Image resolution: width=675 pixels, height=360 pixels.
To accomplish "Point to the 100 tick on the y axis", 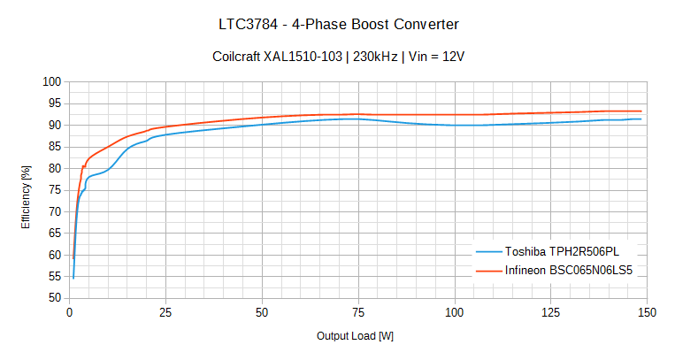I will pyautogui.click(x=51, y=81).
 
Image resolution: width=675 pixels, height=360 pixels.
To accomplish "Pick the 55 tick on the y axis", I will pyautogui.click(x=55, y=277).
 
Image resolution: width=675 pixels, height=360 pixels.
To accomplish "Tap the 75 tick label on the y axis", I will pyautogui.click(x=55, y=190).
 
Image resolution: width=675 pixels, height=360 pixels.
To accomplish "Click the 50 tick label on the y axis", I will pyautogui.click(x=55, y=298).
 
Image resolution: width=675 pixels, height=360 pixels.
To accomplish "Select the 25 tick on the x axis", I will pyautogui.click(x=165, y=312).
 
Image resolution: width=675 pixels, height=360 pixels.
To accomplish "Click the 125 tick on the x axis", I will pyautogui.click(x=550, y=312).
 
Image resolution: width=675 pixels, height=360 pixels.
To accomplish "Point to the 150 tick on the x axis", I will pyautogui.click(x=647, y=312).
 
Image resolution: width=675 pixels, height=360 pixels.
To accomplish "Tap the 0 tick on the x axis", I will pyautogui.click(x=70, y=312).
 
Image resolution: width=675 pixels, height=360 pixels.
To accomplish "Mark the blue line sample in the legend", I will pyautogui.click(x=488, y=251).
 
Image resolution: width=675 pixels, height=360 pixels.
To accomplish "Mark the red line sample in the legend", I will pyautogui.click(x=488, y=271).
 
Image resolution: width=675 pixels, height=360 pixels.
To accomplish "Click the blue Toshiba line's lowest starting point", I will pyautogui.click(x=73, y=278).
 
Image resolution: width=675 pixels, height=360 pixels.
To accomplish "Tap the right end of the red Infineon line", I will pyautogui.click(x=641, y=111).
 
